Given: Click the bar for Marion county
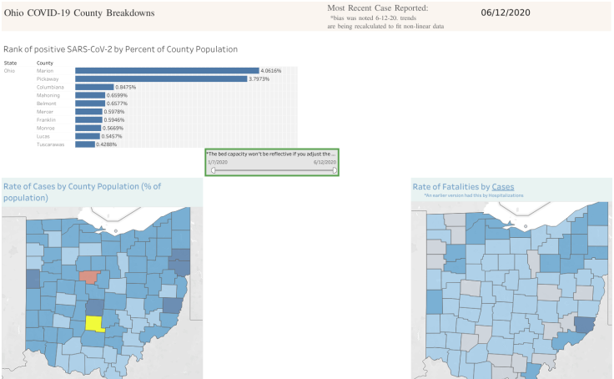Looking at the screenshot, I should click(167, 71).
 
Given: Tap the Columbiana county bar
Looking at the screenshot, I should click(93, 88).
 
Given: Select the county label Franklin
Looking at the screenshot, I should click(48, 120).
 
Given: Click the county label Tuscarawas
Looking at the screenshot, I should click(52, 144).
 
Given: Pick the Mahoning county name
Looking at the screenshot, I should click(49, 95).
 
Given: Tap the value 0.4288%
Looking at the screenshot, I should click(106, 144).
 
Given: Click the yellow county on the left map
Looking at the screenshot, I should click(93, 324).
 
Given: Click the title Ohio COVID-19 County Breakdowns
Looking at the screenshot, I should click(79, 13).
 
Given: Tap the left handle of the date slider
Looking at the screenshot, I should click(214, 169).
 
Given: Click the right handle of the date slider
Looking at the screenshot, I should click(335, 169).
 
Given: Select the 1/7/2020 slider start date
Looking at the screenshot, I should click(217, 162).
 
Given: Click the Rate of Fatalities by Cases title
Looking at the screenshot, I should click(463, 186).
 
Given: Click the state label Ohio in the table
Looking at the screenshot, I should click(10, 71).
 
